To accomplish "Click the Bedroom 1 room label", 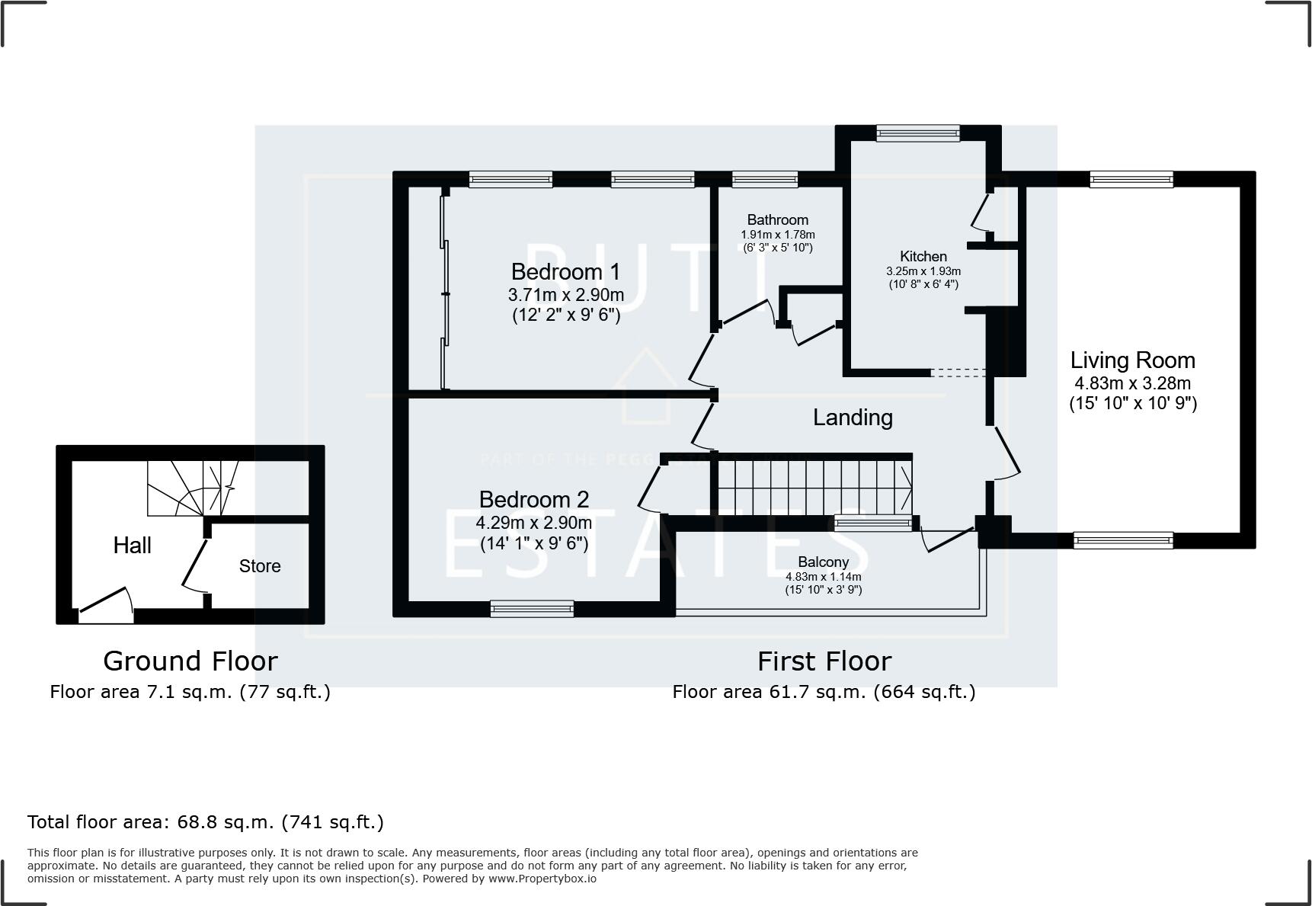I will (565, 272).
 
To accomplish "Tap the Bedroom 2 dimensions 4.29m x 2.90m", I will (533, 523).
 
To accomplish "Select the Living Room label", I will (1132, 360).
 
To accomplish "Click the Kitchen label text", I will (923, 257).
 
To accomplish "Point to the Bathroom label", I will (777, 220).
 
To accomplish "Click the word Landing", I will (852, 418).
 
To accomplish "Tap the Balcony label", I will (823, 562).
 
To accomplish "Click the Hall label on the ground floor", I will (132, 546).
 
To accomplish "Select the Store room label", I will (260, 566).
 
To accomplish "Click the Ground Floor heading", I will (190, 661).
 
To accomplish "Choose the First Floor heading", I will (824, 661).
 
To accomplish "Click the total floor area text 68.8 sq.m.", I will (205, 822).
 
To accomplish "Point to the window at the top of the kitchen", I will (917, 134).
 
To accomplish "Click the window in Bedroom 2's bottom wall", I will (532, 608).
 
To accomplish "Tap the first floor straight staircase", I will (814, 488).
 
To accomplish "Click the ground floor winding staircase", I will (190, 488).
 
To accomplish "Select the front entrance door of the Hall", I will (105, 602).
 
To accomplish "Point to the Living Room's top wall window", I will (1131, 180).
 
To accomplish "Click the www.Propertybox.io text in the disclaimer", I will (542, 879).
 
